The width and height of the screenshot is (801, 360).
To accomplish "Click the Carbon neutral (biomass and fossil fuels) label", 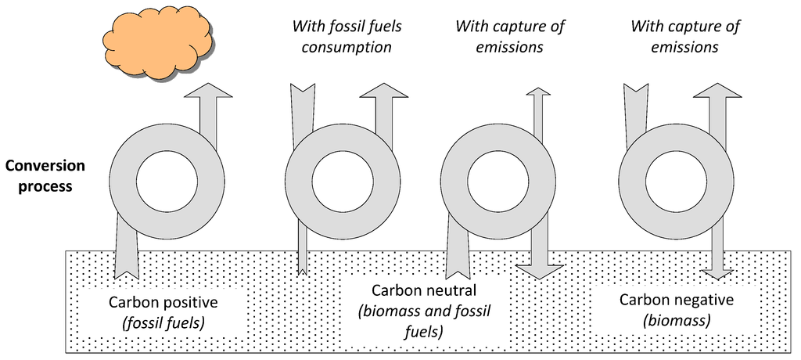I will pos(423,311).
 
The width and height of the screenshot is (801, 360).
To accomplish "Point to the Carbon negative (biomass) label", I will pos(676,310).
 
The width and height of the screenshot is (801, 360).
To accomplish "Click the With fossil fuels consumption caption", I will pos(347,37).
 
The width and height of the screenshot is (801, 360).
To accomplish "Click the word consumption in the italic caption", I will pos(347,47).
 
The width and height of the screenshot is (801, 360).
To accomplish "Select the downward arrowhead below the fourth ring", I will pos(718,273).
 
